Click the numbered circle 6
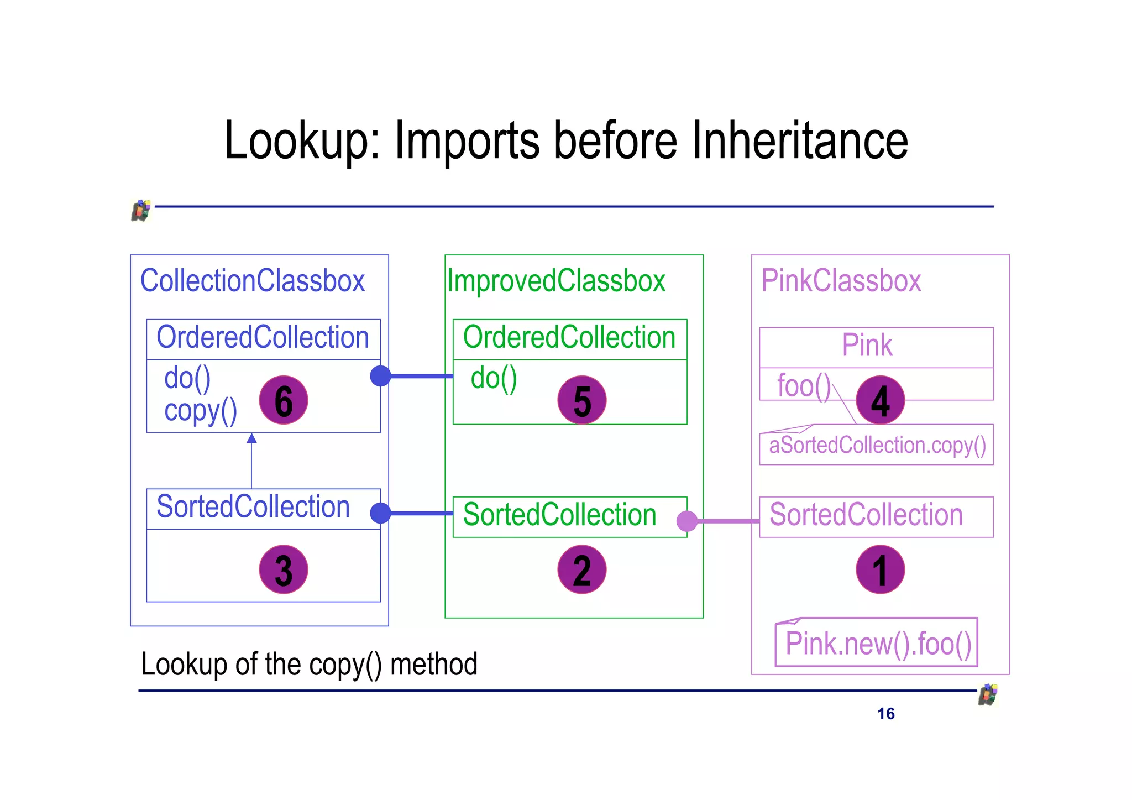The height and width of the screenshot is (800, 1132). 283,400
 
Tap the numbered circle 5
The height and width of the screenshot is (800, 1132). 581,400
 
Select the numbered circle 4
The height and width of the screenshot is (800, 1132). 880,400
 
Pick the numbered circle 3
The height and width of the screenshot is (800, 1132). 283,569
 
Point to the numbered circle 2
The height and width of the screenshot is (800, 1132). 581,569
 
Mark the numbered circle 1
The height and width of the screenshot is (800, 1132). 880,569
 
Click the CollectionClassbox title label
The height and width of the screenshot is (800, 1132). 253,281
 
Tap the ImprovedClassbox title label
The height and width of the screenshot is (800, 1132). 556,281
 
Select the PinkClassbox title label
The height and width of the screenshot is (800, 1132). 841,281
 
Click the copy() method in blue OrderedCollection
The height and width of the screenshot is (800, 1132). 201,411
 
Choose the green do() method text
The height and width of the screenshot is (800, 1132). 494,378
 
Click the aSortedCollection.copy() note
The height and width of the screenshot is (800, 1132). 877,446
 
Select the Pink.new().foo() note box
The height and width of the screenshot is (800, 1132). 877,644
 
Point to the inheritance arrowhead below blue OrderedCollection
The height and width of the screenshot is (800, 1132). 251,438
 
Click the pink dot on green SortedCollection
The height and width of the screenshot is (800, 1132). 687,521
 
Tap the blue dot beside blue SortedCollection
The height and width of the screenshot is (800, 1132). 380,513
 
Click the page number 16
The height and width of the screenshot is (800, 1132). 885,714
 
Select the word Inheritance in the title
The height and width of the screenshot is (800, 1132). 799,141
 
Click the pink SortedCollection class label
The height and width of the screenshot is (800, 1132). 866,515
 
